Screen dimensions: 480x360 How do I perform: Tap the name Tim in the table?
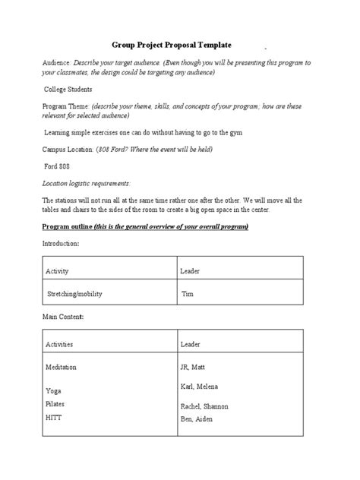tap(188, 293)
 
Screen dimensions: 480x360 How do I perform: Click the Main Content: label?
tap(63, 315)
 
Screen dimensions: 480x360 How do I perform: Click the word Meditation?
tap(62, 367)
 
